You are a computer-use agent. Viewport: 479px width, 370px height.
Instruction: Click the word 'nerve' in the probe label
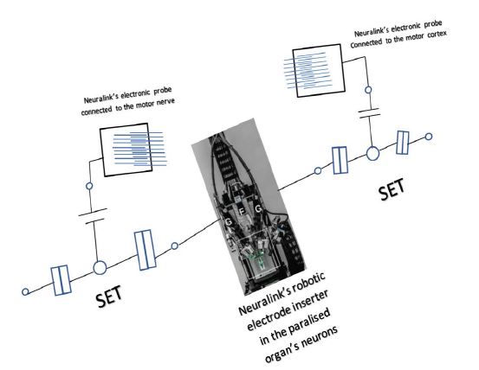coord(165,102)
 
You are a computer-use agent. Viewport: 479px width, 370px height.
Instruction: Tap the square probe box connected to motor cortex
coord(319,70)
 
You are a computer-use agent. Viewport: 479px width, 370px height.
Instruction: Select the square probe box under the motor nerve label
coord(126,150)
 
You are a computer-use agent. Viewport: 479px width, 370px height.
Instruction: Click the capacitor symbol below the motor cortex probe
coord(369,113)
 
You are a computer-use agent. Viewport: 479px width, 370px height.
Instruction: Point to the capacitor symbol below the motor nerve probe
coord(93,216)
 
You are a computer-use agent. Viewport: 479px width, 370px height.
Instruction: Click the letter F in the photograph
coord(243,212)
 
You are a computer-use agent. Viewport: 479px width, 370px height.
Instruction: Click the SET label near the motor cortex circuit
coord(391,189)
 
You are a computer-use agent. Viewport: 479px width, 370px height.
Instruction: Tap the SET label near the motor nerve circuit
coord(109,297)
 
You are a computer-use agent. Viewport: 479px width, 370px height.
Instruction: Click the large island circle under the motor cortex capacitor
coord(372,153)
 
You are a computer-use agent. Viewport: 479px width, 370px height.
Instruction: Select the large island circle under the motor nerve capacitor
coord(100,268)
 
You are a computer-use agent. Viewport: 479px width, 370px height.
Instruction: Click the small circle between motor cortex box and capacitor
coord(368,90)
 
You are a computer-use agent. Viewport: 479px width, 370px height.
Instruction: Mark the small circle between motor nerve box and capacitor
coord(89,186)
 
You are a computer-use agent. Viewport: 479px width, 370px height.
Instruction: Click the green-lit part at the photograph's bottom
coord(257,257)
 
